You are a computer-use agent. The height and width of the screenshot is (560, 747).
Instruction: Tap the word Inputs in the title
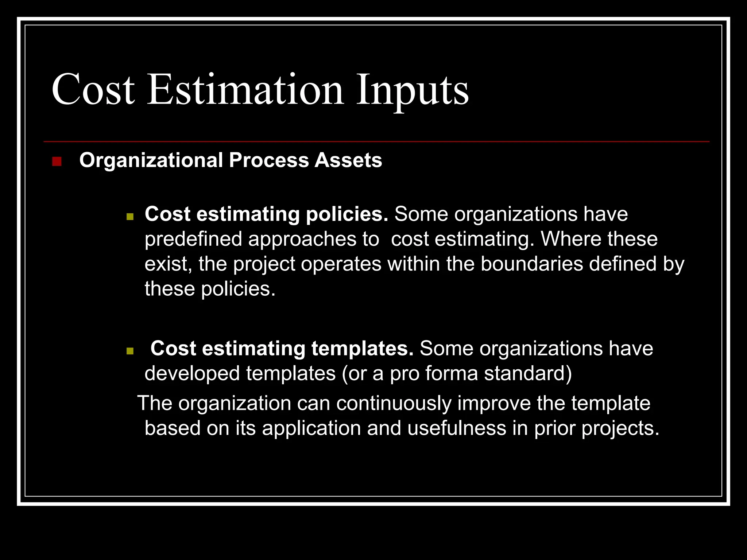[x=412, y=89]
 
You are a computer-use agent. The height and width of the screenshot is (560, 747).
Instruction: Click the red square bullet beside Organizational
[x=57, y=161]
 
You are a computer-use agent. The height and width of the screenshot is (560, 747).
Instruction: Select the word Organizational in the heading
[x=151, y=160]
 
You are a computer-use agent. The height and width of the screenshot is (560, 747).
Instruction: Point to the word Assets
[x=348, y=160]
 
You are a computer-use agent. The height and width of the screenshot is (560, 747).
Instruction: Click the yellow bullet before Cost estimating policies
[x=130, y=217]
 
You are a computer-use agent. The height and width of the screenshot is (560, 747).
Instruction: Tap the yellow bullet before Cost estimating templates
[x=130, y=351]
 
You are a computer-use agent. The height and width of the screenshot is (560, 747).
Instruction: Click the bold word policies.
[x=347, y=214]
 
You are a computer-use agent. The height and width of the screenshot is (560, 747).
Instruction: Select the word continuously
[x=394, y=404]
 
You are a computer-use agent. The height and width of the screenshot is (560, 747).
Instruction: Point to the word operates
[x=341, y=264]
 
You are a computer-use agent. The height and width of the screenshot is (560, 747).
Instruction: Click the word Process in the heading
[x=269, y=160]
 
